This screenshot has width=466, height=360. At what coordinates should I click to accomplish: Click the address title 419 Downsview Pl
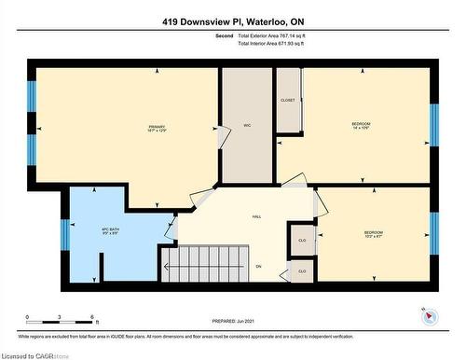pyautogui.click(x=232, y=21)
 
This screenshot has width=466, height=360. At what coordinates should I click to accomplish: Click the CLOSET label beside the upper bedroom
pyautogui.click(x=287, y=100)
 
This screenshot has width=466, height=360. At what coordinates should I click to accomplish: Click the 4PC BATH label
pyautogui.click(x=111, y=231)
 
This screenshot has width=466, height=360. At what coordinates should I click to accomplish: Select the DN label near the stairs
pyautogui.click(x=258, y=267)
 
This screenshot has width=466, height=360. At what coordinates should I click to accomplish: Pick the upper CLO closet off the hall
pyautogui.click(x=301, y=238)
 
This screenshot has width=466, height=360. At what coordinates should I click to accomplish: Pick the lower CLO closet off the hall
pyautogui.click(x=301, y=271)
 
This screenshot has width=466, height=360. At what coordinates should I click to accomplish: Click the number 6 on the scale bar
pyautogui.click(x=92, y=318)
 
